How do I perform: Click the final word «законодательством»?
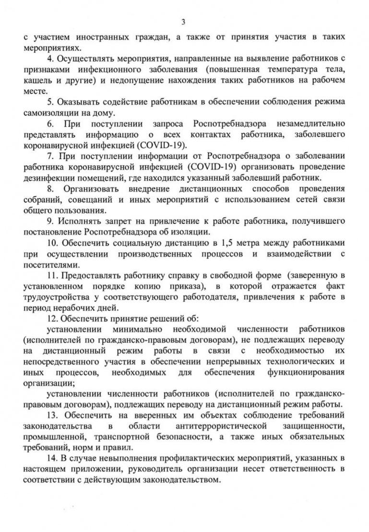185,480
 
